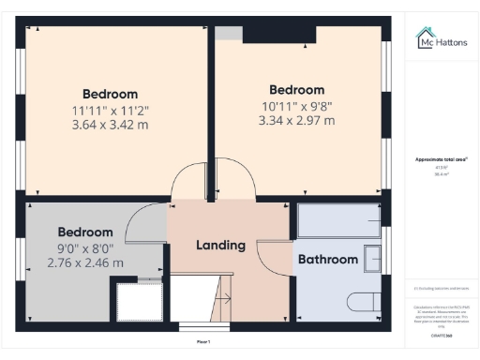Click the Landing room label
click(220, 246)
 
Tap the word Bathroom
click(327, 259)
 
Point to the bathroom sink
click(372, 258)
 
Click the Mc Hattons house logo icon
click(425, 37)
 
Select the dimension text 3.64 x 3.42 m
click(111, 123)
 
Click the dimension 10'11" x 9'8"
click(296, 106)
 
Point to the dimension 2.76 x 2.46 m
click(85, 263)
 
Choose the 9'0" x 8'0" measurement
click(85, 248)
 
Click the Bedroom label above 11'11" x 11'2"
click(111, 94)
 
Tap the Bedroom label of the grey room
click(85, 232)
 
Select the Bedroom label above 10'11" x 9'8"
click(296, 90)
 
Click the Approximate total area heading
click(442, 159)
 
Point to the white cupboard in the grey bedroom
click(138, 303)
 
